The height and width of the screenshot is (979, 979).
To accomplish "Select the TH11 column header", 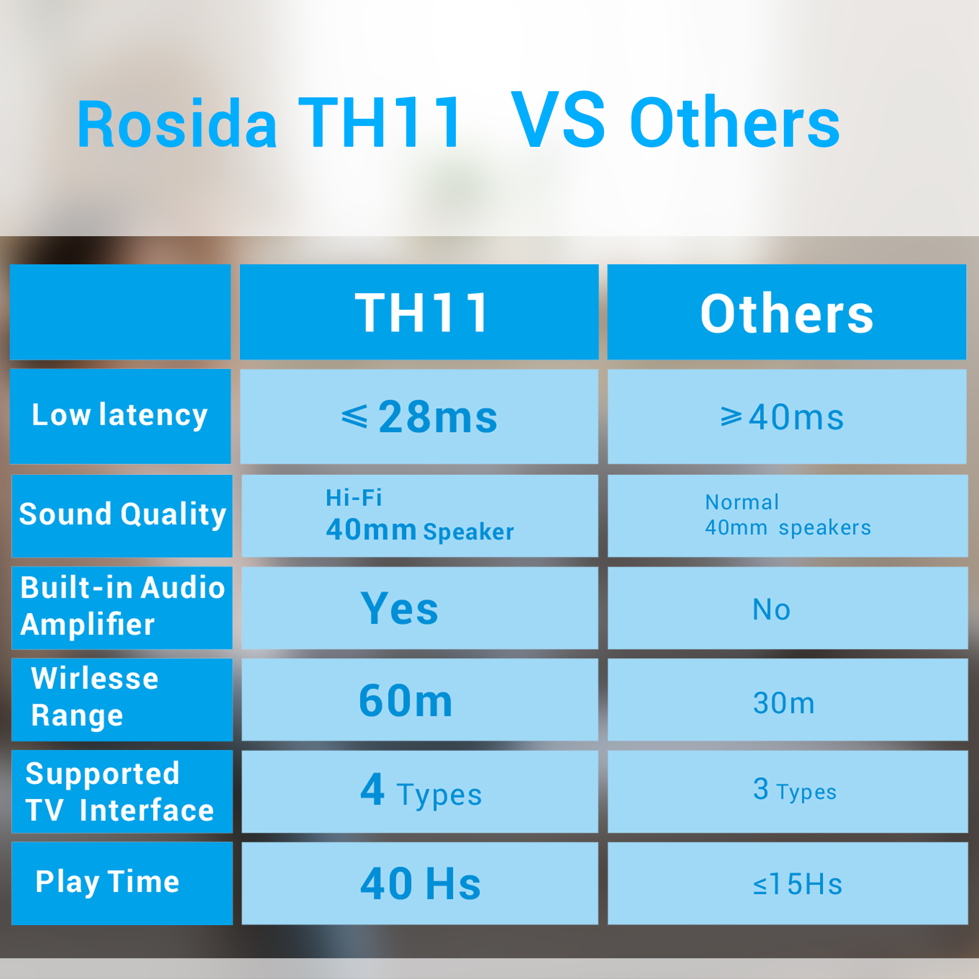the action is point(422,313).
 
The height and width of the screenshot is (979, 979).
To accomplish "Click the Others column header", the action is point(787,313).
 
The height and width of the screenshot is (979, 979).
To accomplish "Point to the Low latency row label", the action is point(120,415).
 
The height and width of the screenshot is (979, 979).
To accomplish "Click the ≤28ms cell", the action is point(419,417).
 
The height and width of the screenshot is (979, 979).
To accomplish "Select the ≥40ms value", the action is point(782,417).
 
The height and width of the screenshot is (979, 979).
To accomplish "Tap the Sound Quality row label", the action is point(122,514).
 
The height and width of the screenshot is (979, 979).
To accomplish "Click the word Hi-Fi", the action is point(354,497).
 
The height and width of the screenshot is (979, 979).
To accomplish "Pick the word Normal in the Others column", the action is point(742,502).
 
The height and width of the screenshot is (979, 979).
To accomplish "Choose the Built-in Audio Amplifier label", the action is point(122,606).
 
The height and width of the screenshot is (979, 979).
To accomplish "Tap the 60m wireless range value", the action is point(406,701).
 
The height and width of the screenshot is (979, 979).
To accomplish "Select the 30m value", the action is point(784,703).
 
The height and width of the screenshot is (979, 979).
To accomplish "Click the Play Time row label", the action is point(108,882).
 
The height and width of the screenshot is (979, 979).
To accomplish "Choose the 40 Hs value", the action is point(420,884).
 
